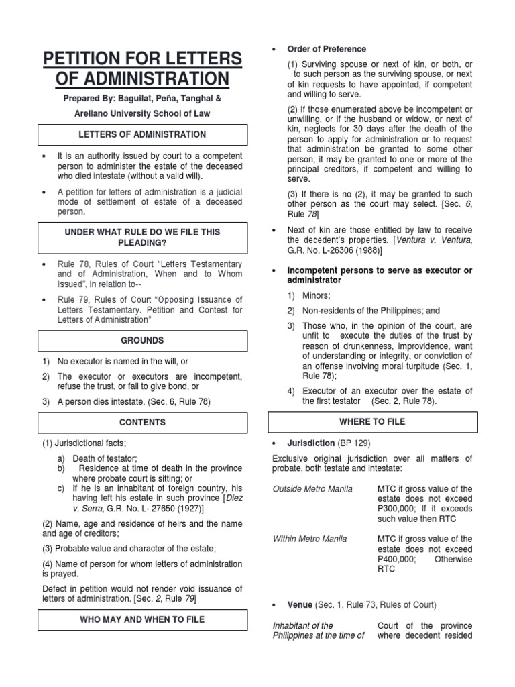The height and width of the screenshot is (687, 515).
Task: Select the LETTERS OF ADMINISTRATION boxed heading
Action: coord(142,135)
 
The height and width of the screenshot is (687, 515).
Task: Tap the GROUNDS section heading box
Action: coord(142,340)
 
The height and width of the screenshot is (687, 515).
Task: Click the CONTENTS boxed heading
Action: coord(142,423)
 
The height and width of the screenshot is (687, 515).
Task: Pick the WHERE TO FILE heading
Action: coord(373,422)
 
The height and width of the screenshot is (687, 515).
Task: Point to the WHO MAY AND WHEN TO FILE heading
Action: coord(142,619)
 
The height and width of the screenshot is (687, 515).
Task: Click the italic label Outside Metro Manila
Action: coord(312,489)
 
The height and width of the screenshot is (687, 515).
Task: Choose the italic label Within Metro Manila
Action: coord(310,539)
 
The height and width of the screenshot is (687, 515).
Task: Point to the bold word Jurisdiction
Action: coord(311,443)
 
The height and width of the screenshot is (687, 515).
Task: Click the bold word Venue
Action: coord(300,604)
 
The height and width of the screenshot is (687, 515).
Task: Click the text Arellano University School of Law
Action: coord(142,113)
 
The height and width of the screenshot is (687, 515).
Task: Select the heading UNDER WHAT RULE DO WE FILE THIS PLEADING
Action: coord(142,237)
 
